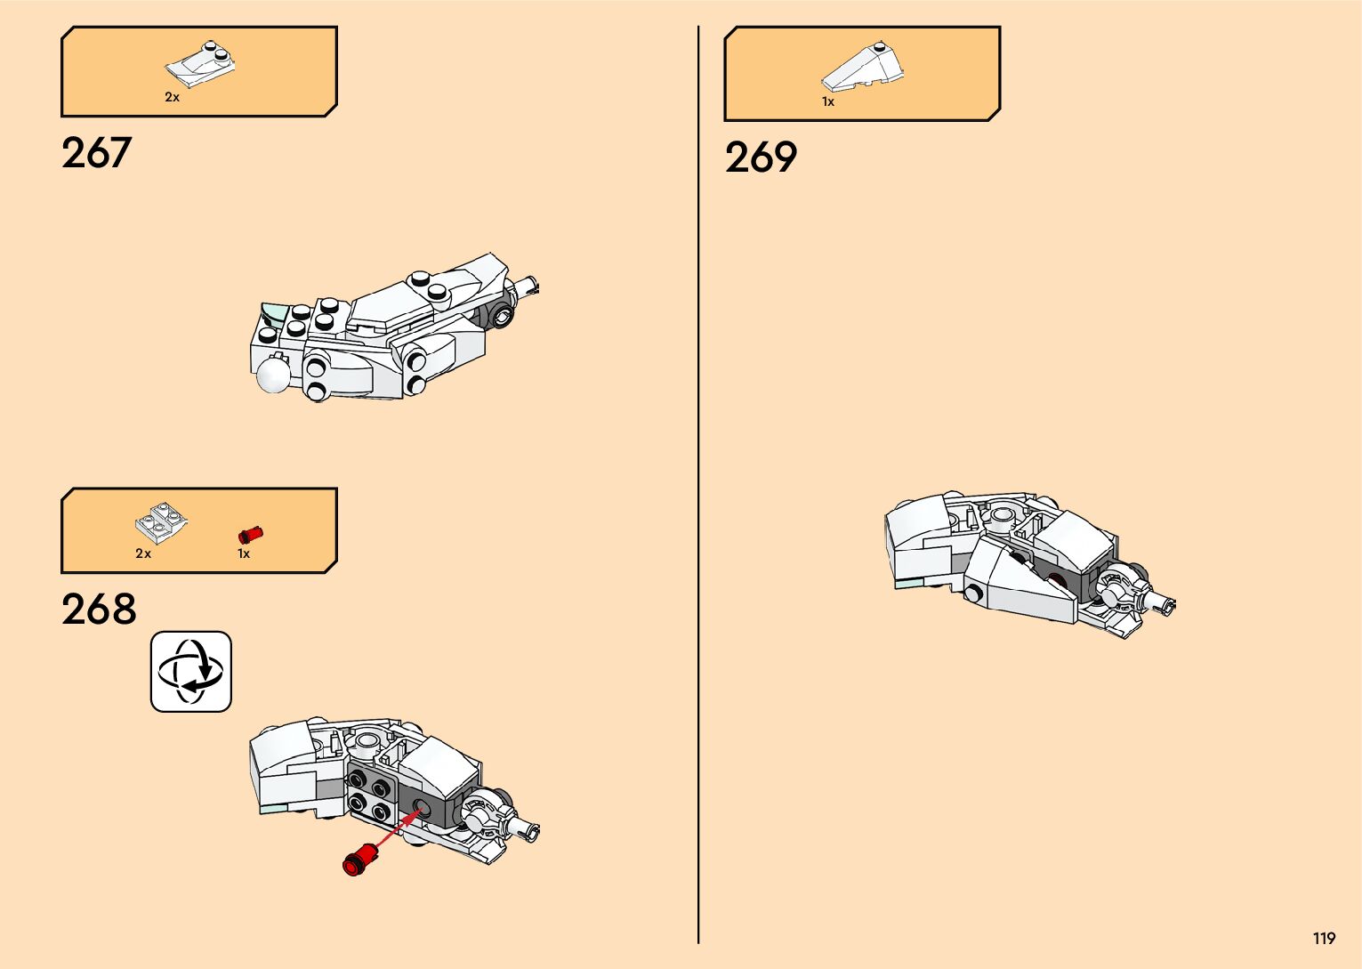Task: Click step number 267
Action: (96, 153)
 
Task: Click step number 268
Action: (99, 610)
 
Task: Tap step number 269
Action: (761, 158)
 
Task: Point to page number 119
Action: (1324, 939)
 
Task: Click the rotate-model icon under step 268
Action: (191, 672)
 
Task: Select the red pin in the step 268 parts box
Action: (251, 534)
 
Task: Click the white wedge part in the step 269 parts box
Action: (862, 67)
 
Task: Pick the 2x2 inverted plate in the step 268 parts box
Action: (161, 524)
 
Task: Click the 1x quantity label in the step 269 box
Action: (828, 102)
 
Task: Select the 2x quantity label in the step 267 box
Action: (172, 97)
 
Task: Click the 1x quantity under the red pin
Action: (244, 553)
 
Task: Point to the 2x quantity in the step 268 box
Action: (143, 553)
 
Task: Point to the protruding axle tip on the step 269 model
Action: (1167, 604)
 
